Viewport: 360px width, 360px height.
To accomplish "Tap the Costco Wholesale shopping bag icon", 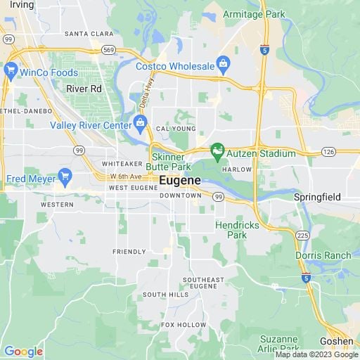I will (224, 65).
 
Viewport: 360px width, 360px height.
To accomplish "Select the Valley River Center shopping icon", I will (141, 124).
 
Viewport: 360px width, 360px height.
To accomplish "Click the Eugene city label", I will (180, 181).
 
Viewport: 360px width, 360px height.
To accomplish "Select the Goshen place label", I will (337, 341).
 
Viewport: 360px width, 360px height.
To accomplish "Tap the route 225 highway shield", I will (303, 235).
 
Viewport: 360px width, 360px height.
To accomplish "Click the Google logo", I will (23, 352).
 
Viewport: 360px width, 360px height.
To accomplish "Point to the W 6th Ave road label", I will (125, 176).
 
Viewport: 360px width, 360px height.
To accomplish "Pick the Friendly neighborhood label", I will (129, 251).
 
